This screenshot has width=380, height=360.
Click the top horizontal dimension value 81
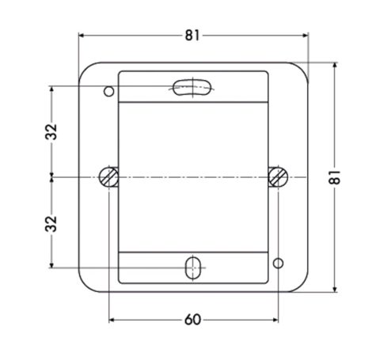(x=192, y=36)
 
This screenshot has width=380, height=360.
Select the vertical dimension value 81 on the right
(x=335, y=177)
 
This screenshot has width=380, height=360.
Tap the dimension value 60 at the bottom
(x=192, y=320)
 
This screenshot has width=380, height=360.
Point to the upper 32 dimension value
(x=51, y=131)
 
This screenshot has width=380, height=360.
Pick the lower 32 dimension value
(x=51, y=224)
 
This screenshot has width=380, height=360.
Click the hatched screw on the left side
(x=108, y=176)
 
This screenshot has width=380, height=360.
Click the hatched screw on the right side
(x=278, y=176)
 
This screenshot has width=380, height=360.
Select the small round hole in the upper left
(x=108, y=92)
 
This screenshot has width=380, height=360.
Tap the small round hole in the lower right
(x=278, y=263)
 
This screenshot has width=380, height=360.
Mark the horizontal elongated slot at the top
(x=193, y=87)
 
